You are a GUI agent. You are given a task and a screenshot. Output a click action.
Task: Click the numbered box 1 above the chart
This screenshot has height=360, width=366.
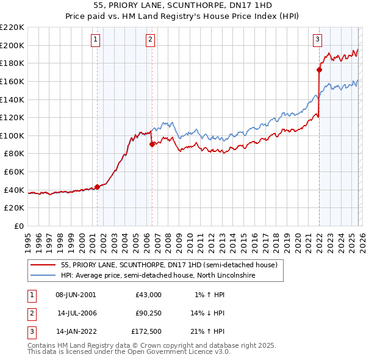coord(96,40)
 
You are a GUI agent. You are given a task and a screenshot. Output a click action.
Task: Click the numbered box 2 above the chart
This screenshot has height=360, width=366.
coord(151,40)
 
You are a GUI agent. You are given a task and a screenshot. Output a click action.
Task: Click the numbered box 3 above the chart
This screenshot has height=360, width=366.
coord(318,40)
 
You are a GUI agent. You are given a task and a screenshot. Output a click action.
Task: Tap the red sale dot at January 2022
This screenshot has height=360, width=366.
coord(319,70)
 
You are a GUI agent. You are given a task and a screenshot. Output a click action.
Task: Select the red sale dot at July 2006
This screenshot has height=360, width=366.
coord(152,144)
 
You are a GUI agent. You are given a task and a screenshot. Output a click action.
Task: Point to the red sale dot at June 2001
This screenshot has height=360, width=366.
coord(97,187)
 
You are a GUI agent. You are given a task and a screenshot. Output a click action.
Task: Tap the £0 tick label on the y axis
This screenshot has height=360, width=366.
coord(18,226)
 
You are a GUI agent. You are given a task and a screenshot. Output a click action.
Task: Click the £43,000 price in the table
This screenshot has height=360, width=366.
coord(148,294)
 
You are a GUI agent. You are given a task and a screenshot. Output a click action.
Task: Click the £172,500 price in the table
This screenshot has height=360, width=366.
coord(146,332)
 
